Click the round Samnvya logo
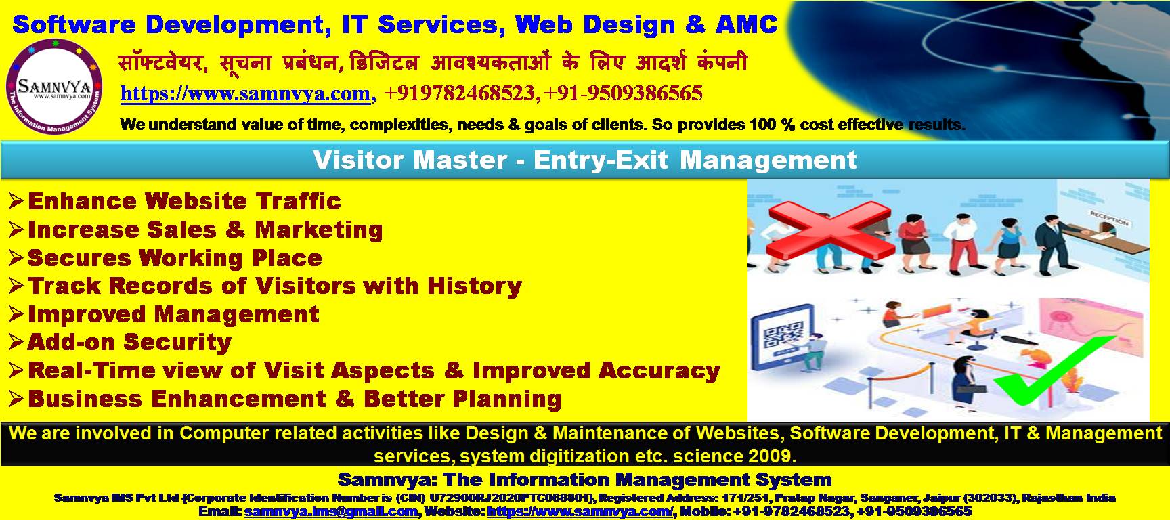(57, 87)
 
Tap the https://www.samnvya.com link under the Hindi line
(245, 93)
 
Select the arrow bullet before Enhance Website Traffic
(16, 200)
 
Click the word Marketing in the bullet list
(319, 230)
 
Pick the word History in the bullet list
(474, 286)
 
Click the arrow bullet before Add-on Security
(16, 342)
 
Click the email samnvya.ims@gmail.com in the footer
(331, 512)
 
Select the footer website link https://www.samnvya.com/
(580, 512)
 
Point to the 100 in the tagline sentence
(762, 125)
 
